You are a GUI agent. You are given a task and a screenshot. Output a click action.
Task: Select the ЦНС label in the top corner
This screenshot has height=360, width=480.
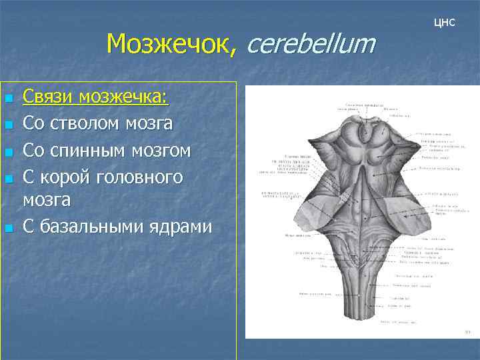coord(444,22)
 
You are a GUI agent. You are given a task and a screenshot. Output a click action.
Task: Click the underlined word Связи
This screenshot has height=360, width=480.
coord(48,98)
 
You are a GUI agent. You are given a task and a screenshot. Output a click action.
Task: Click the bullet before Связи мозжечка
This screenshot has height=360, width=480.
coord(8,99)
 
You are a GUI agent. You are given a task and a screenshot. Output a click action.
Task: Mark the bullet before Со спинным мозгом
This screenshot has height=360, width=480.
coord(8,152)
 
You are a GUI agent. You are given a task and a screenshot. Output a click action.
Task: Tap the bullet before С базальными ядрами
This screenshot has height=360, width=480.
coord(8,228)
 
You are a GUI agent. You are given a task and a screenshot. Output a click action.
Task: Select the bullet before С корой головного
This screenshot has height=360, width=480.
coord(8,178)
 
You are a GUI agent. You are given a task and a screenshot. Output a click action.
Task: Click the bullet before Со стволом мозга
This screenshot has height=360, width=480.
coord(8,125)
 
